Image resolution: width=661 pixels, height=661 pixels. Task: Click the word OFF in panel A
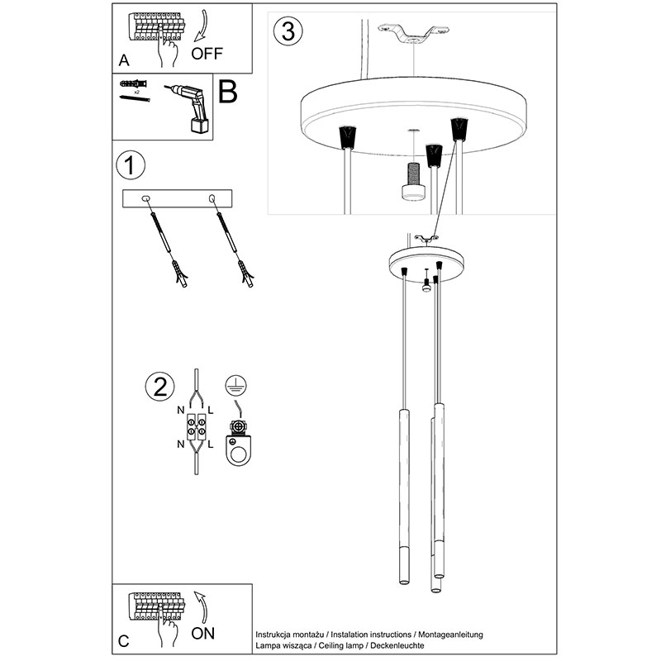coord(207,54)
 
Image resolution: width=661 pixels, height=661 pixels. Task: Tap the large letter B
coord(227,91)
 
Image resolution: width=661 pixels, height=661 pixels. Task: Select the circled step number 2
coord(159,386)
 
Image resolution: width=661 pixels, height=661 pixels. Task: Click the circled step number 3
coord(287,31)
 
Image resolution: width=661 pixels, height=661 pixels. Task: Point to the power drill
coord(189,107)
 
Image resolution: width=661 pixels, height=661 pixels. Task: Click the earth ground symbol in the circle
coord(236,385)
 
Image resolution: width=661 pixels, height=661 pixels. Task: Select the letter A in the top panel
coord(124,60)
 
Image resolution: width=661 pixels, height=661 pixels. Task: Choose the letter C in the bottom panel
coord(124,640)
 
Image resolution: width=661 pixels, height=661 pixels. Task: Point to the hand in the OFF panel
coord(170,53)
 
